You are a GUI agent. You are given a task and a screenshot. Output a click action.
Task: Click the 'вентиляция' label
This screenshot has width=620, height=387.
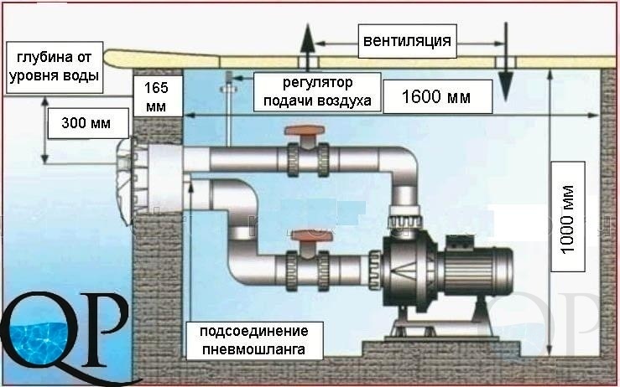(407, 40)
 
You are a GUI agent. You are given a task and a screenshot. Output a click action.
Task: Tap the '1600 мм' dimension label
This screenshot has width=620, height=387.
(435, 97)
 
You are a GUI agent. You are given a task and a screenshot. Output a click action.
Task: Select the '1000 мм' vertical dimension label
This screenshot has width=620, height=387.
(568, 215)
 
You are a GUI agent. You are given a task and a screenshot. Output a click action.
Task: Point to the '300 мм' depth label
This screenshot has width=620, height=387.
(88, 124)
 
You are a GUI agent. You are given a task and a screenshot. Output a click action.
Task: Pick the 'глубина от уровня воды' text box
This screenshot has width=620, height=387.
(55, 69)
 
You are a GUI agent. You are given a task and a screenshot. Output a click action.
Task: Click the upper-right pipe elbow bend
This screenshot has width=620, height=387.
(393, 168)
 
